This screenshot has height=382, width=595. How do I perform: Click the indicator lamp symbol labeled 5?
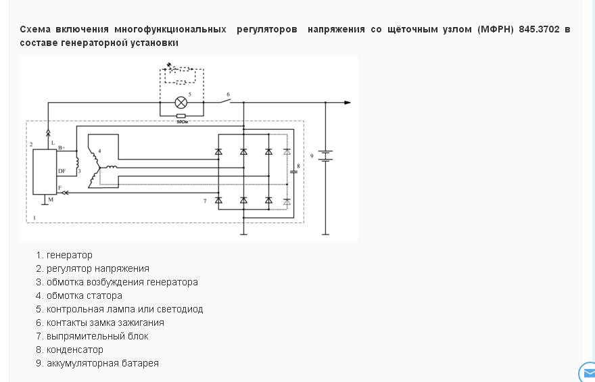click(181, 103)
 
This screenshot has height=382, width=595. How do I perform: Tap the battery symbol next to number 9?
click(325, 156)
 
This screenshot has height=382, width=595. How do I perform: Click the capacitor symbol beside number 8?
click(293, 171)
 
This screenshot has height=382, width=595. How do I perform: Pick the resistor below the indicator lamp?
click(181, 116)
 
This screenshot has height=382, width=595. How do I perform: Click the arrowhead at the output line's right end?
click(348, 103)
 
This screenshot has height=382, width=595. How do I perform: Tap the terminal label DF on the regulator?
click(62, 171)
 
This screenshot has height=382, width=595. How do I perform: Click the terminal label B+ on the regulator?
click(62, 147)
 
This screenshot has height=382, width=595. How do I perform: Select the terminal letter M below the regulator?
click(50, 200)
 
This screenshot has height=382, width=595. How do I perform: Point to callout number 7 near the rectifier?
click(205, 201)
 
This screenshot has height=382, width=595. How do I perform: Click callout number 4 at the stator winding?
click(99, 150)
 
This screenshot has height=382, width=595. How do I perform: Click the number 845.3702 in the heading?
click(539, 29)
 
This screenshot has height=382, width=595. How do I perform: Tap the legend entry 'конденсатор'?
click(75, 350)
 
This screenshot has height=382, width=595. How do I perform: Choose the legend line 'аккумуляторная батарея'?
click(103, 363)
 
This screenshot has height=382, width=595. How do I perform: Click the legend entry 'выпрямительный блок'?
click(97, 336)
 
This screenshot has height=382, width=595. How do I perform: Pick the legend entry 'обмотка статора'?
click(85, 295)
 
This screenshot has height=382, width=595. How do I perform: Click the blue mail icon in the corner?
click(588, 373)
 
